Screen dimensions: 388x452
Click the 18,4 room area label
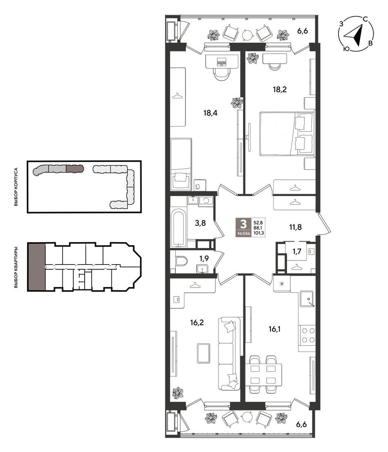[210, 113]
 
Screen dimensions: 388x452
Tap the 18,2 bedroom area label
[280, 89]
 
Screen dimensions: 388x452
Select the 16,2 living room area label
[197, 322]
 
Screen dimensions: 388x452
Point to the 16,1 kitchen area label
[274, 329]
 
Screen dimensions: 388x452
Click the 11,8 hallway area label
[295, 227]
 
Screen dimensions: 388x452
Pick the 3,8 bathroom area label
[200, 223]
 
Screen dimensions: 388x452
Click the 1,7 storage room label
[297, 252]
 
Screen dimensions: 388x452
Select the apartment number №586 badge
[243, 233]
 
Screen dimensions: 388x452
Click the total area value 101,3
[259, 233]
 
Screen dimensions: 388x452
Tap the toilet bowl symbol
[181, 261]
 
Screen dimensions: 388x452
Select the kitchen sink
[307, 298]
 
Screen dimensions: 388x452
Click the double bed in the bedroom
[286, 134]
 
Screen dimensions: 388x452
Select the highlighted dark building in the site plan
[75, 168]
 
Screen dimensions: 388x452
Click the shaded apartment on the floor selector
[37, 266]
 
